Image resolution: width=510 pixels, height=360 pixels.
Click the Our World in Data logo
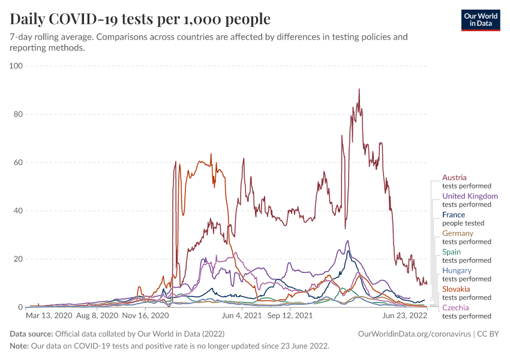[480, 20]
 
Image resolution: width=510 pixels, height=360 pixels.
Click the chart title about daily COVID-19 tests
[140, 19]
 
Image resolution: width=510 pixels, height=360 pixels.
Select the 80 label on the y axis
[17, 114]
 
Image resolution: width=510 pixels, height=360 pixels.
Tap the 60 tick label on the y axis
[17, 162]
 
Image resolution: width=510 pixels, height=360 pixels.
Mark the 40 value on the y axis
[17, 211]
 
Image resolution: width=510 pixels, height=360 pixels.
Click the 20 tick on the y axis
[17, 259]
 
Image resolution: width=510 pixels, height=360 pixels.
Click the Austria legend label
[454, 178]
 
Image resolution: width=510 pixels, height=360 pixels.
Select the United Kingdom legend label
[470, 196]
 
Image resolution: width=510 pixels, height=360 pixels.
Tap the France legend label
[454, 215]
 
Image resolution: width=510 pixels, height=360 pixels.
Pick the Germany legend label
[458, 233]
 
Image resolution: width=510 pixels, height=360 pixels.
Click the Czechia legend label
[456, 308]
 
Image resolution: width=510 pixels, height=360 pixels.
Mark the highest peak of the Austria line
[359, 89]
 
